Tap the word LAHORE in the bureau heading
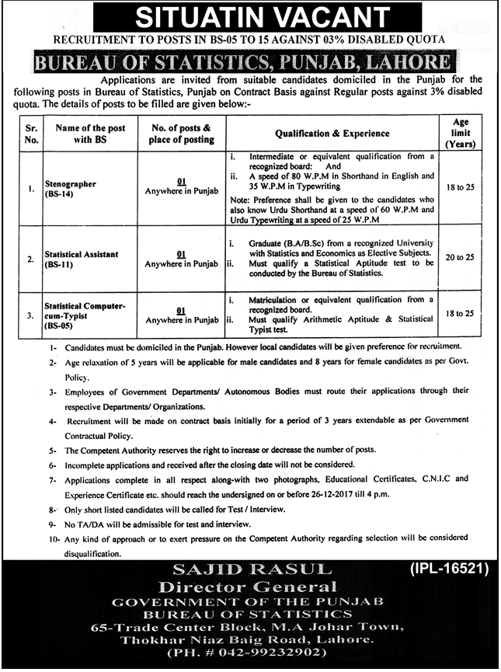click(x=409, y=62)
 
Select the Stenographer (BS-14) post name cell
click(x=71, y=190)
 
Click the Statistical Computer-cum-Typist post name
click(x=85, y=315)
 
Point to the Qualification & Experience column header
click(x=340, y=133)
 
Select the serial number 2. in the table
click(x=30, y=258)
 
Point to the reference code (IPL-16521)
click(x=447, y=570)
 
